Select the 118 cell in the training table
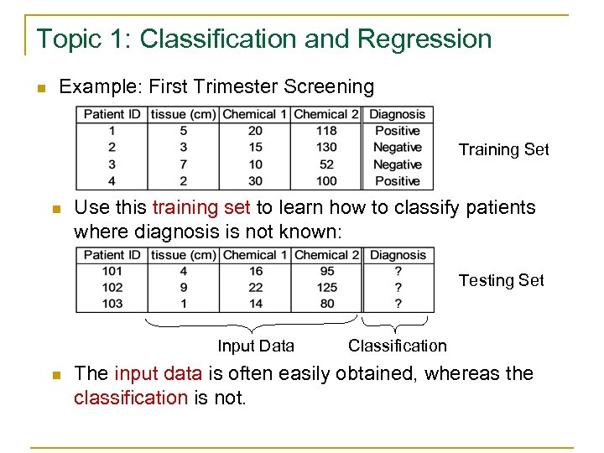pyautogui.click(x=326, y=131)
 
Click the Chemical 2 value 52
pyautogui.click(x=326, y=164)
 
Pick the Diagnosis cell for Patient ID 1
pyautogui.click(x=398, y=131)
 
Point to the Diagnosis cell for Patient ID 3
pyautogui.click(x=398, y=164)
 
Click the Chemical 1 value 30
pyautogui.click(x=255, y=181)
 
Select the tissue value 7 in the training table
pyautogui.click(x=183, y=164)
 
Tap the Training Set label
pyautogui.click(x=503, y=149)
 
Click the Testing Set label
pyautogui.click(x=501, y=280)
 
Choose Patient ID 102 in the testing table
pyautogui.click(x=112, y=288)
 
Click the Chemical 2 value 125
pyautogui.click(x=326, y=288)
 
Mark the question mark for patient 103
pyautogui.click(x=398, y=304)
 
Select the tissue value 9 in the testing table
pyautogui.click(x=183, y=288)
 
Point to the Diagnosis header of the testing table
pyautogui.click(x=398, y=255)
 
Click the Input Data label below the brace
pyautogui.click(x=256, y=346)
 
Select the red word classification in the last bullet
pyautogui.click(x=130, y=397)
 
